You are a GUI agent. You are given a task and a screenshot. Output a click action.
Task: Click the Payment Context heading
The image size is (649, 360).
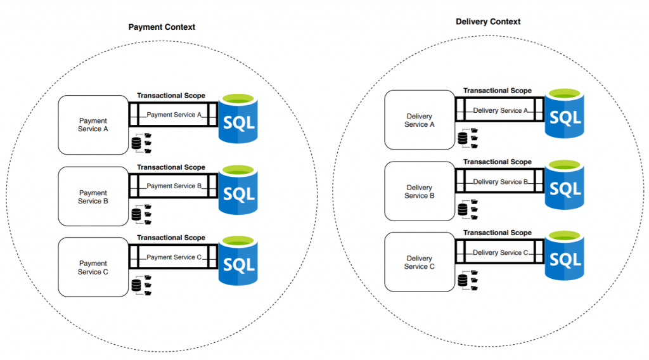pyautogui.click(x=162, y=27)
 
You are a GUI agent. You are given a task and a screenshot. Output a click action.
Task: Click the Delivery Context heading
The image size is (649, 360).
pyautogui.click(x=488, y=22)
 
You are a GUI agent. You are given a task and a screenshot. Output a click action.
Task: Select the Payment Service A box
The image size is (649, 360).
pyautogui.click(x=93, y=125)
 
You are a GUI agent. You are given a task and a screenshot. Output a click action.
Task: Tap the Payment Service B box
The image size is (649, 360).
pyautogui.click(x=93, y=196)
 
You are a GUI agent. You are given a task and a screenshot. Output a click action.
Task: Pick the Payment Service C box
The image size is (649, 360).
pyautogui.click(x=93, y=267)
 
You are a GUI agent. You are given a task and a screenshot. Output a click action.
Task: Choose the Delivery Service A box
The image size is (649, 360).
pyautogui.click(x=420, y=120)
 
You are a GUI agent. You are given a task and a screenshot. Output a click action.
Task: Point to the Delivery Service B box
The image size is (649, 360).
pyautogui.click(x=420, y=191)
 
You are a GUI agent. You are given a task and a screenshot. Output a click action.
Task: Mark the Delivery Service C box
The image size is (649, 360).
pyautogui.click(x=420, y=262)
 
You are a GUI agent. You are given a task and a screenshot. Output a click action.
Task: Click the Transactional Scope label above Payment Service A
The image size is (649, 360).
pyautogui.click(x=171, y=96)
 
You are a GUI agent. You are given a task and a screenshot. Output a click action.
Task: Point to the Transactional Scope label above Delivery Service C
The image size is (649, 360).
pyautogui.click(x=498, y=233)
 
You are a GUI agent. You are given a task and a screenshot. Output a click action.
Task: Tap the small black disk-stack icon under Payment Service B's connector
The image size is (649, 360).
pyautogui.click(x=136, y=215)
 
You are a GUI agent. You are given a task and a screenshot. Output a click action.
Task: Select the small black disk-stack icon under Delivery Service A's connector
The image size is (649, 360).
pyautogui.click(x=462, y=138)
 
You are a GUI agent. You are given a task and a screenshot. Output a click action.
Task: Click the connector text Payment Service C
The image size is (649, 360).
pyautogui.click(x=174, y=257)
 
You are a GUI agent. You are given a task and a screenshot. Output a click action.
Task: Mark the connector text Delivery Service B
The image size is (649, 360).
pyautogui.click(x=501, y=182)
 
